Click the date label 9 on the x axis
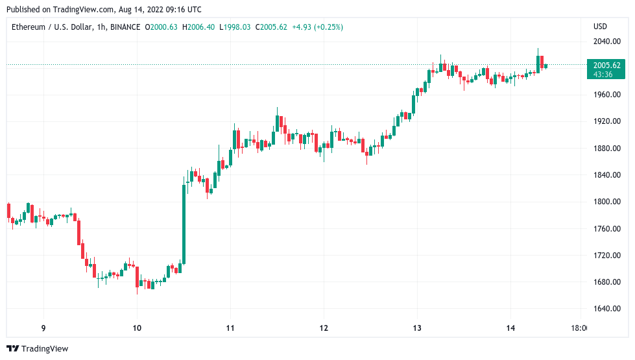coord(43,328)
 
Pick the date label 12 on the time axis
coord(324,328)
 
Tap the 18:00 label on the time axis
coord(579,328)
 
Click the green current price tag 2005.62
coord(607,65)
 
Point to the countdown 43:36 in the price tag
coord(603,75)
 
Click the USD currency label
coord(600,27)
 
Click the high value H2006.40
coord(200,27)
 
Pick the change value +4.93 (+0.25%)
coord(318,27)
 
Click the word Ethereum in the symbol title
coord(29,27)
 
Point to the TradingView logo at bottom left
coord(38,348)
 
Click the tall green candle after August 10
coord(184,224)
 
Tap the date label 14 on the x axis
coord(511,328)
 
